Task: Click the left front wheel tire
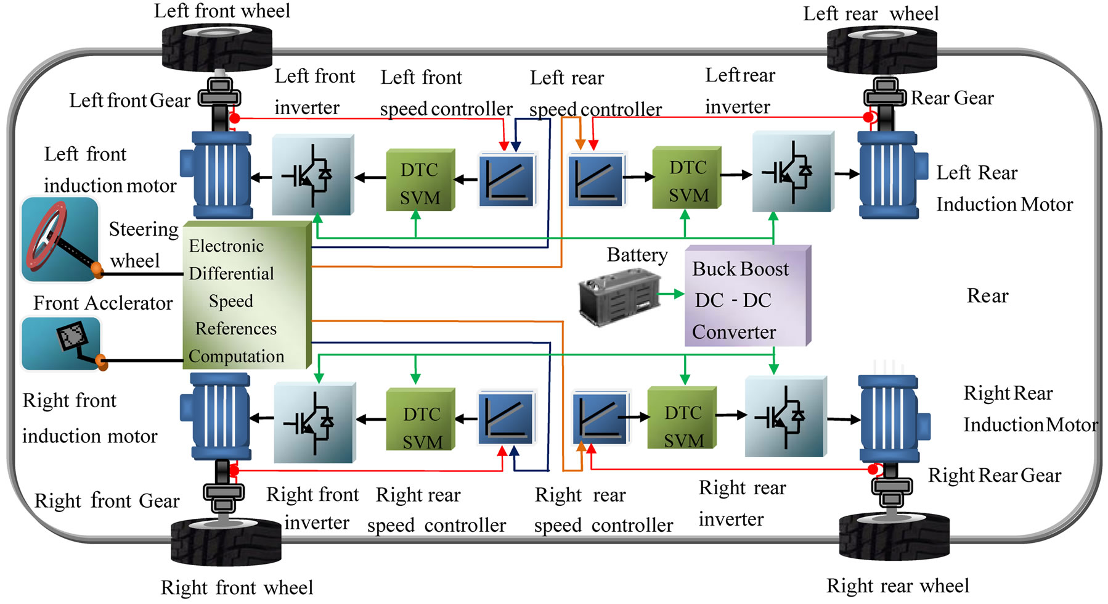point(217,48)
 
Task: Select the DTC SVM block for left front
point(420,180)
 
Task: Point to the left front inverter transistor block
point(313,175)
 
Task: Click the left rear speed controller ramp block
point(596,180)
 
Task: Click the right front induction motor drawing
point(217,418)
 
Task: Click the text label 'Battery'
point(637,255)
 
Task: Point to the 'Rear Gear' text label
point(952,98)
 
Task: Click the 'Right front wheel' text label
point(237,587)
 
